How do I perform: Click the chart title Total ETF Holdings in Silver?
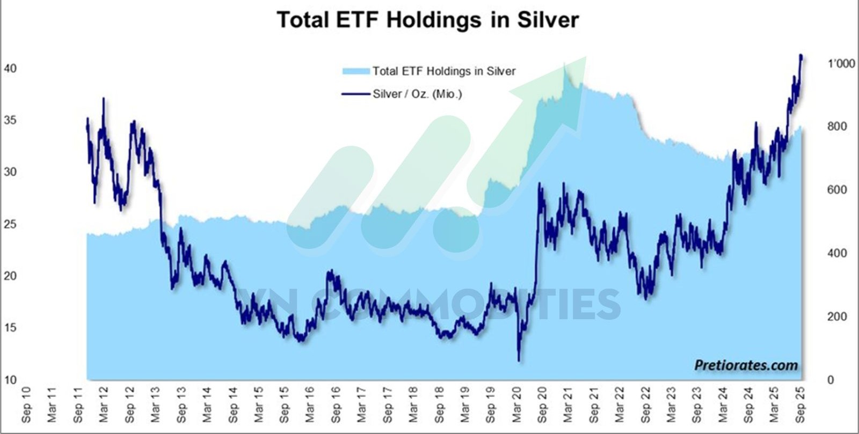click(428, 20)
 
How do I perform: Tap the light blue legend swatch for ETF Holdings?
click(356, 71)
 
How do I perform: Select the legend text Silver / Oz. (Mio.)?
click(417, 94)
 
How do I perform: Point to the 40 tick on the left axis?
click(11, 68)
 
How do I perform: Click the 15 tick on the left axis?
click(11, 328)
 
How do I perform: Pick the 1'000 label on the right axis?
click(841, 63)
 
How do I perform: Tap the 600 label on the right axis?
click(836, 190)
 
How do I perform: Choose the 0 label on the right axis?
click(831, 380)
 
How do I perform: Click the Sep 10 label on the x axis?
click(26, 413)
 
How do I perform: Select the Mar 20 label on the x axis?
click(516, 413)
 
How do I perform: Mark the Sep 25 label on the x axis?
click(800, 413)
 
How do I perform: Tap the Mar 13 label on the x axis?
click(155, 413)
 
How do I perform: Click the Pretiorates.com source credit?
click(746, 365)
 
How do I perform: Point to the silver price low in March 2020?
click(519, 360)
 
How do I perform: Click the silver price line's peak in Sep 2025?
click(801, 55)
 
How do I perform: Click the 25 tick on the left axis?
click(11, 224)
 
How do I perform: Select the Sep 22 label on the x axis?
click(646, 413)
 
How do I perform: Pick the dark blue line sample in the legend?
click(356, 94)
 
